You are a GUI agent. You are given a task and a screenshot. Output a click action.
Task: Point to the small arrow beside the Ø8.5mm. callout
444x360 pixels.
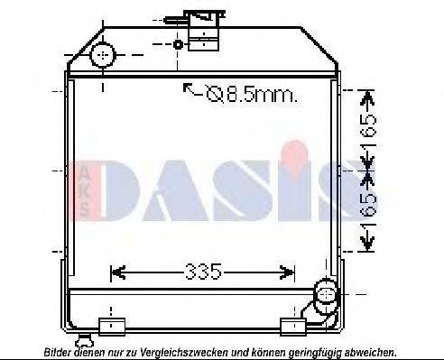[x=190, y=88]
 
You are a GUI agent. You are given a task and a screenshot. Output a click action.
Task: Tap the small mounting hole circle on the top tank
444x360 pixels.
[x=178, y=44]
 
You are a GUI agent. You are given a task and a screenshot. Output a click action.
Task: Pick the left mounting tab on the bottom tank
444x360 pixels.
[x=110, y=324]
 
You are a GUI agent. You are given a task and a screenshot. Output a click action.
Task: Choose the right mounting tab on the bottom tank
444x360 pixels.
[x=293, y=325]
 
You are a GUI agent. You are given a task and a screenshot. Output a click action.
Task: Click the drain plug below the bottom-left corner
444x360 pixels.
[x=85, y=340]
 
